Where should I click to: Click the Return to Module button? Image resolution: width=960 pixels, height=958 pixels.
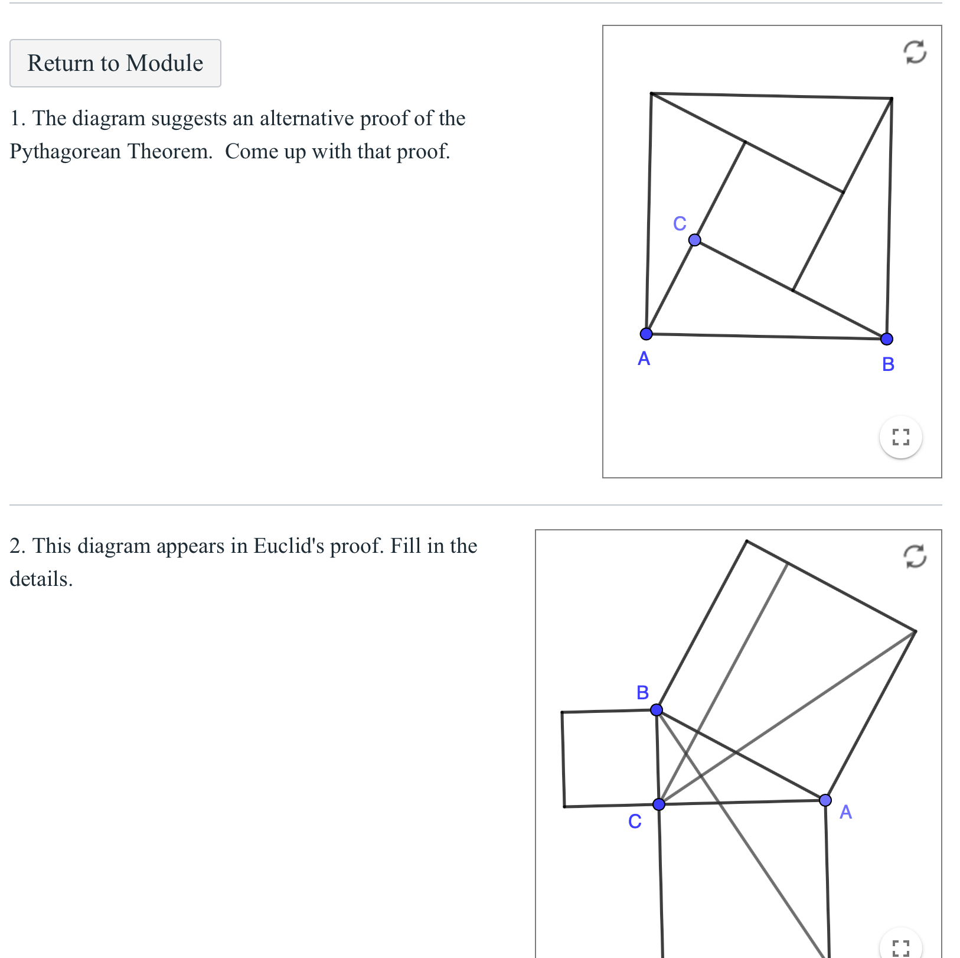pos(115,63)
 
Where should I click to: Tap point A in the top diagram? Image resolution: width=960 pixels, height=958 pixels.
pos(646,334)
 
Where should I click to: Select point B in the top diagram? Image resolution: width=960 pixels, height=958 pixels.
pos(886,338)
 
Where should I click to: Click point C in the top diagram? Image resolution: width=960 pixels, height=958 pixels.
pos(694,240)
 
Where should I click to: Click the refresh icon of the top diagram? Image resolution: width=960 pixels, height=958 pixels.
pos(915,52)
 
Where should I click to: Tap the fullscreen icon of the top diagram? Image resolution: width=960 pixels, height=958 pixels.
pos(900,437)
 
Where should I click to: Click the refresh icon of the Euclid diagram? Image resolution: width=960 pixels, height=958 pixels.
pos(915,556)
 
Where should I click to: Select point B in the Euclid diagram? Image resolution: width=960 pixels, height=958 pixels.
pos(656,709)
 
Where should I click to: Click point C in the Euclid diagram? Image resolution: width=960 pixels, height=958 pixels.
pos(659,804)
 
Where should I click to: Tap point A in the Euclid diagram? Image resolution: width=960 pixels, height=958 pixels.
pos(825,800)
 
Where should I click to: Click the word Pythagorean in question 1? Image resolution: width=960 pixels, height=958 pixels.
pos(65,152)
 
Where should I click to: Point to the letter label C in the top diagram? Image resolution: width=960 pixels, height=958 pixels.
pos(680,223)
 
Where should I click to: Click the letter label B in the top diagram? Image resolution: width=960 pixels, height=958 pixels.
pos(888,364)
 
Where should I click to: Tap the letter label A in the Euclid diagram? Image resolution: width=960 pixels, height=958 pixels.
pos(845,812)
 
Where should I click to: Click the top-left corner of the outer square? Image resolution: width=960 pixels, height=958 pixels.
pos(651,93)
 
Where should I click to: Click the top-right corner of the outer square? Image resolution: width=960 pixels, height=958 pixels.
pos(891,99)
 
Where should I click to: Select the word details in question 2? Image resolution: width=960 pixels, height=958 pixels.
pos(41,579)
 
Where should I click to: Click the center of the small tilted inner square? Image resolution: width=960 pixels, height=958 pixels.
pos(769,216)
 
